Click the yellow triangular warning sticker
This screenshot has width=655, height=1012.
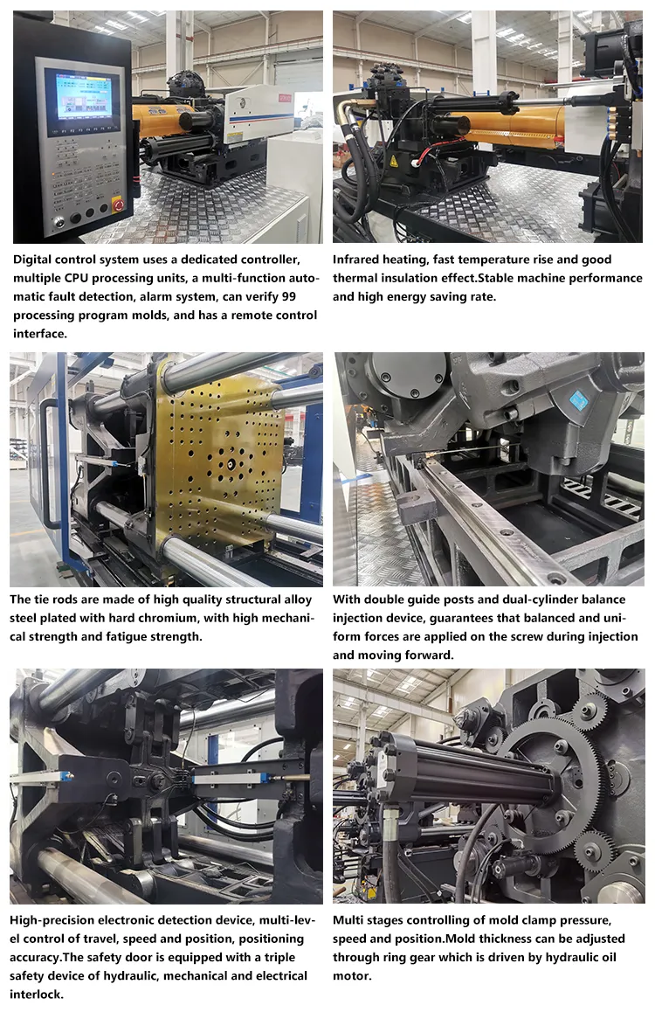394,161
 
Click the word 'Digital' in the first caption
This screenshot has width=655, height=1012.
34,260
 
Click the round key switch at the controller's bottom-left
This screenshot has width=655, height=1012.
59,221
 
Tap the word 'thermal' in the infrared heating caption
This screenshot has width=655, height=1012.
356,278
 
